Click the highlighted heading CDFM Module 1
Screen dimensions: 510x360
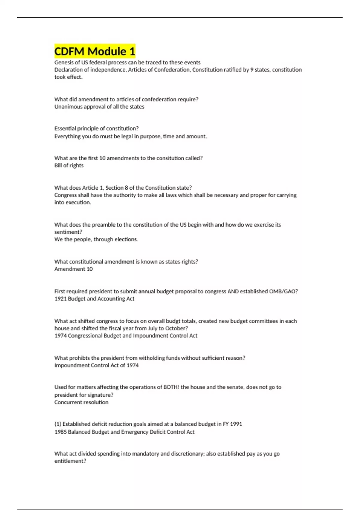[95, 51]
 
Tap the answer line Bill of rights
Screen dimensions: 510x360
[69, 166]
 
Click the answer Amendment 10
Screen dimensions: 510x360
[73, 269]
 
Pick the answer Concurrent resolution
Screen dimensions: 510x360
[81, 402]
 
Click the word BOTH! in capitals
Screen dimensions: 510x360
[171, 387]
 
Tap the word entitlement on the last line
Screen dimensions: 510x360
[69, 461]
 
